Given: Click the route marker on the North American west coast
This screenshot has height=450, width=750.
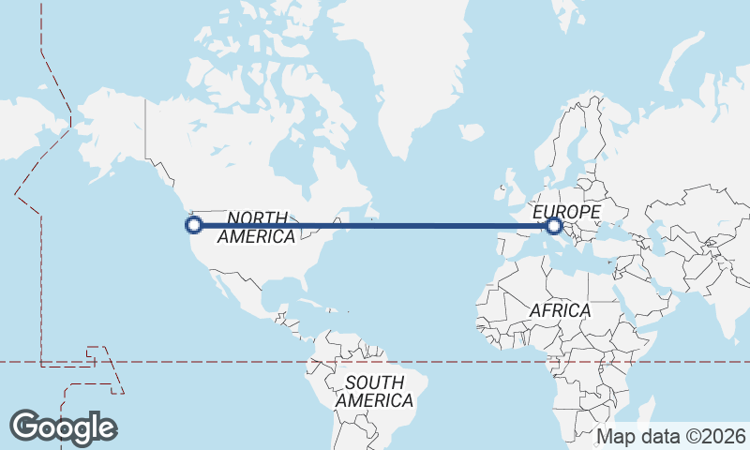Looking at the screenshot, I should pyautogui.click(x=194, y=225).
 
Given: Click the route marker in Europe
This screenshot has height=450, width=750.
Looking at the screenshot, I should pyautogui.click(x=554, y=225).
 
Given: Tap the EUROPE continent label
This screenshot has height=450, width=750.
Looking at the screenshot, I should pyautogui.click(x=566, y=213).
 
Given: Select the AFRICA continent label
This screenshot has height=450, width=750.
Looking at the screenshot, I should pyautogui.click(x=560, y=310).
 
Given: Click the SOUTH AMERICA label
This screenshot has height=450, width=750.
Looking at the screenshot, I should pyautogui.click(x=374, y=392).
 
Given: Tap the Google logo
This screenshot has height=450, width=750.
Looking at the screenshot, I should pyautogui.click(x=63, y=427).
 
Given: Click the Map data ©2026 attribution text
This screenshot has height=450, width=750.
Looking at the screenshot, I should pyautogui.click(x=671, y=436).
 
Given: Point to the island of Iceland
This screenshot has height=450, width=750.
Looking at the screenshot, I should pyautogui.click(x=471, y=132).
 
